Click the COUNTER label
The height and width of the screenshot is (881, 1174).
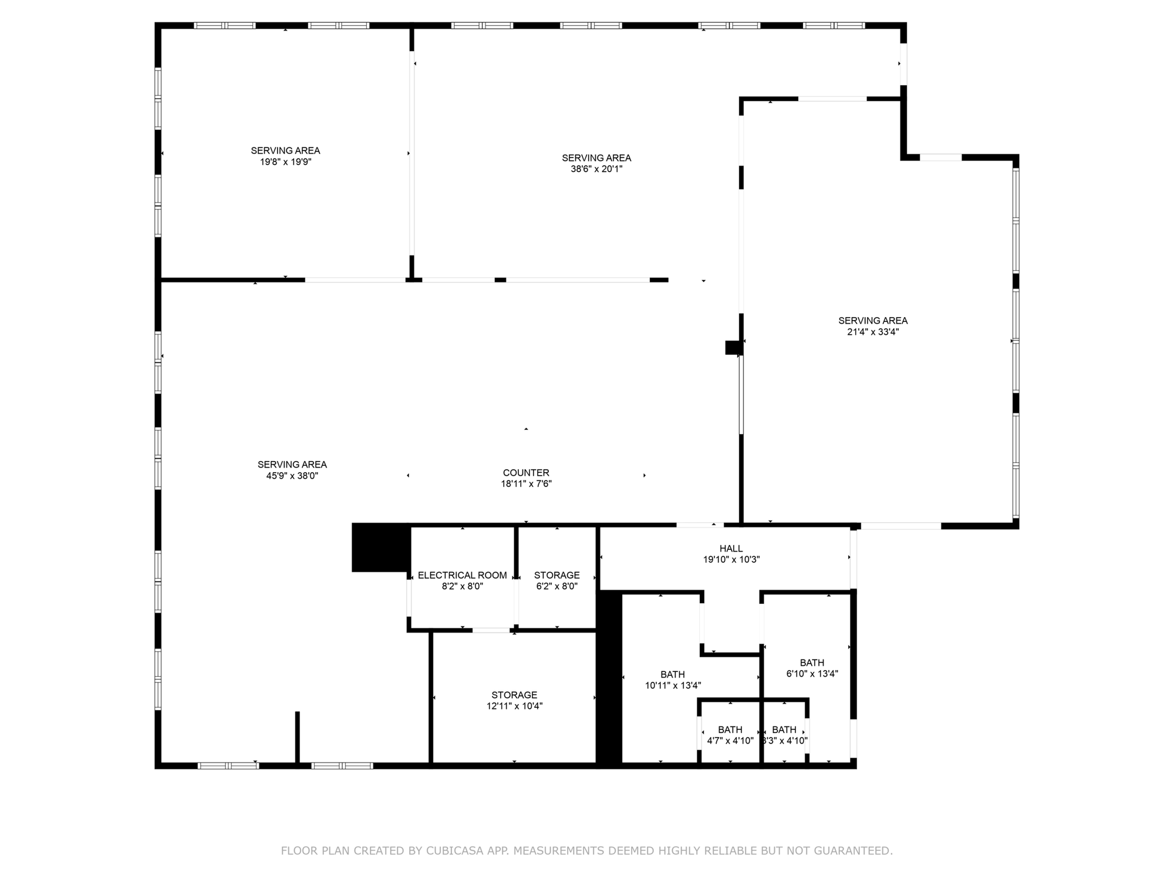526,473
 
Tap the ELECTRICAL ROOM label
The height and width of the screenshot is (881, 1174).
463,575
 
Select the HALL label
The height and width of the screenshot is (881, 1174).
731,549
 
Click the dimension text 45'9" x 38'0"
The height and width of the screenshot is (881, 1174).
292,476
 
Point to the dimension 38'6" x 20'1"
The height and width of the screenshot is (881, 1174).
596,169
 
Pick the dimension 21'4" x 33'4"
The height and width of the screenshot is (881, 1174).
873,332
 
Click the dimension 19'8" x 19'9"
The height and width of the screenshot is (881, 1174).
286,162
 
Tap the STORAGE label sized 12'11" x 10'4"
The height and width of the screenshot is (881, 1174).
514,695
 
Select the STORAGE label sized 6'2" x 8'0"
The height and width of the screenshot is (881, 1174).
557,575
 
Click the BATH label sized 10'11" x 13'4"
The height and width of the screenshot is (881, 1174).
673,674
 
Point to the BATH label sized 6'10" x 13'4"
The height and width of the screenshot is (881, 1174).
812,663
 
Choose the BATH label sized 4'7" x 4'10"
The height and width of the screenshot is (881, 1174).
730,729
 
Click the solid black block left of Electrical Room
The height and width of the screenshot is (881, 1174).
381,547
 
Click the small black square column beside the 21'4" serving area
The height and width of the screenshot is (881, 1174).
734,348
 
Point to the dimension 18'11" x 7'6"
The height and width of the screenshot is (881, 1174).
526,484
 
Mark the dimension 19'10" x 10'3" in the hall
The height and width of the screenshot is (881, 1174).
731,560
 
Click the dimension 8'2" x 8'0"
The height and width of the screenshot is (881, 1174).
463,586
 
